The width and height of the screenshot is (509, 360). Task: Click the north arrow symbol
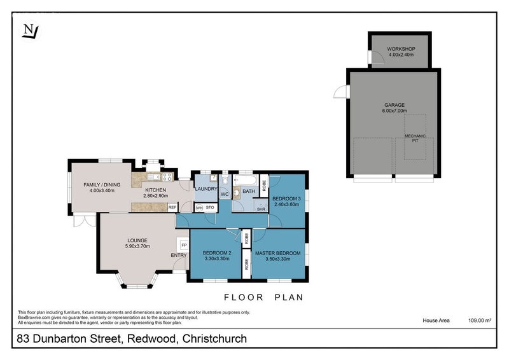[29, 31]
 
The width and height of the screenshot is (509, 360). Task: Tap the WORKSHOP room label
[401, 49]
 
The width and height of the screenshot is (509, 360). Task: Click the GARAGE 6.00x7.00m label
[394, 108]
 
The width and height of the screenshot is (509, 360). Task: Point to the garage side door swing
[341, 93]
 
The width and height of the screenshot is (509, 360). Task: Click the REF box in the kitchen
[172, 207]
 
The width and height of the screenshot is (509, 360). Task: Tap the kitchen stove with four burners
[167, 177]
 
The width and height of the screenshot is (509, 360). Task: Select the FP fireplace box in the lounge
[184, 245]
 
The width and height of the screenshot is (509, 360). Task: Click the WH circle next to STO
[199, 207]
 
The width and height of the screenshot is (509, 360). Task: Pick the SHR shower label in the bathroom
[261, 209]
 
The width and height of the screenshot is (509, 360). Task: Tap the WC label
[225, 193]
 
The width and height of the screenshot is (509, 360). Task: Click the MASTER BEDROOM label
[277, 254]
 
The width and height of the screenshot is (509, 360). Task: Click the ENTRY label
[179, 256]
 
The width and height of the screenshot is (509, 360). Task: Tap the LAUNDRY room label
[206, 188]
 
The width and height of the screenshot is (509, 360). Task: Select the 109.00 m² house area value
[481, 321]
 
